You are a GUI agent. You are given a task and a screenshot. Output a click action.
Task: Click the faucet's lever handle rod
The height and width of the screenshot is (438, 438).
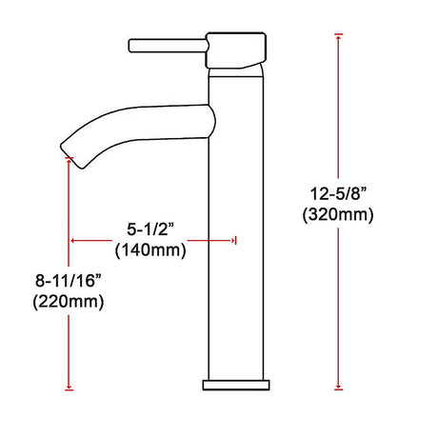click(x=167, y=44)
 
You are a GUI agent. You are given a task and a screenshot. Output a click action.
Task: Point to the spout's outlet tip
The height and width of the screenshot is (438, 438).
click(x=64, y=149)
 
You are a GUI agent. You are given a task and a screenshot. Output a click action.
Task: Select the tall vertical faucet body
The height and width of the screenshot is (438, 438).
click(x=234, y=238)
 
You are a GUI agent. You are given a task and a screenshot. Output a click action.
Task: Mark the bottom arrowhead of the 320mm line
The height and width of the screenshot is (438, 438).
click(x=339, y=387)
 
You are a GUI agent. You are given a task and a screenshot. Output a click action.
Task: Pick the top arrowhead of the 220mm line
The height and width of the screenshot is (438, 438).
click(x=69, y=161)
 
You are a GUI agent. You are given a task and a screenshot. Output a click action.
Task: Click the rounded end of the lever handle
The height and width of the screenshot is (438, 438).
click(x=131, y=44)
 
